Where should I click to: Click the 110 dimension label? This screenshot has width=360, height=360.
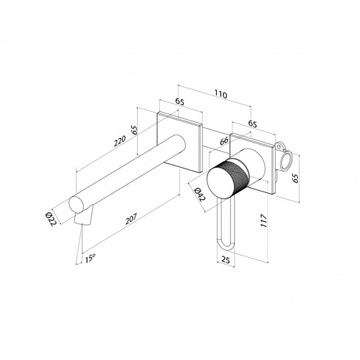click(221, 94)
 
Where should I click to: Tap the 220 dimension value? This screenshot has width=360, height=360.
click(120, 141)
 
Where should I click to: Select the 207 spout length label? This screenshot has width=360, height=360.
click(131, 219)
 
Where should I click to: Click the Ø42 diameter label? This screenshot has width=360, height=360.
click(200, 194)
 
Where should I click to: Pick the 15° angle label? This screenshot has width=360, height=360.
click(90, 259)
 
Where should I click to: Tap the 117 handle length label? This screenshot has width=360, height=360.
click(264, 221)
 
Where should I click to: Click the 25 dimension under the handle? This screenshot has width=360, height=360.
click(225, 260)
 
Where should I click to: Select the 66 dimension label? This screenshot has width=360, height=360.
click(224, 141)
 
